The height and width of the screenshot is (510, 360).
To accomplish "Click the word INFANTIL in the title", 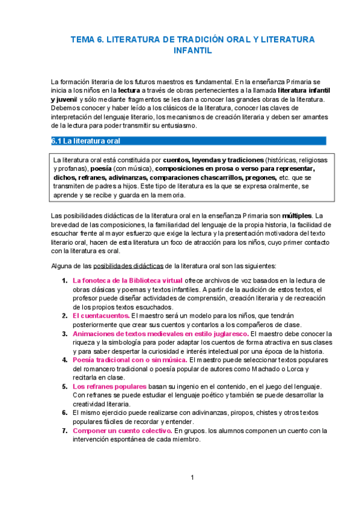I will coord(192,51).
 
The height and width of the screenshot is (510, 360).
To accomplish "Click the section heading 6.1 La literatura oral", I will coord(86,141).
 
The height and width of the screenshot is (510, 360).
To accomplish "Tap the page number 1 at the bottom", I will coord(192,478).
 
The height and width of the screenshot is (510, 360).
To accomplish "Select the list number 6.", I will coord(64,413).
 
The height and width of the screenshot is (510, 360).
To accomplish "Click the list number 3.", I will coord(64,333).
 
